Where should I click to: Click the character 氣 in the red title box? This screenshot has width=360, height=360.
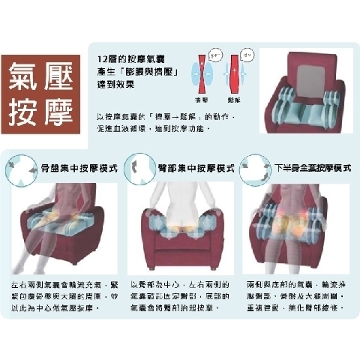point(25,77)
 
